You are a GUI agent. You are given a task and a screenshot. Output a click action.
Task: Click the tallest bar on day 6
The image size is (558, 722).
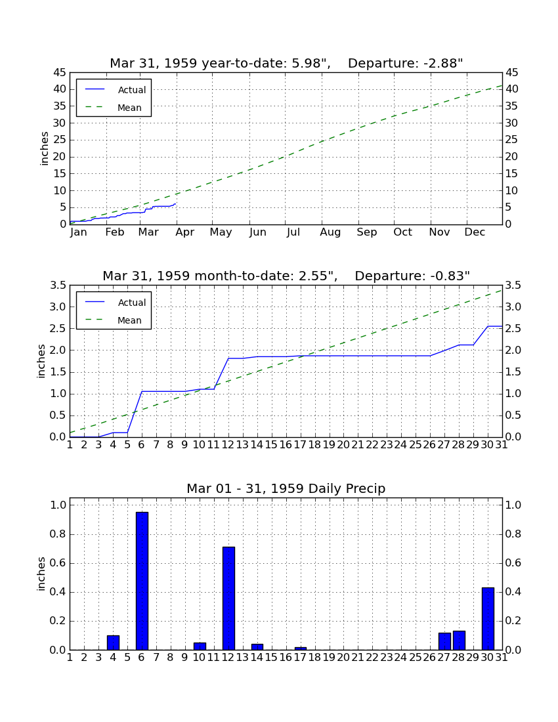pyautogui.click(x=142, y=581)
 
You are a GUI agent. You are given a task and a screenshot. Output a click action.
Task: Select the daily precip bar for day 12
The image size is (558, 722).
pyautogui.click(x=228, y=598)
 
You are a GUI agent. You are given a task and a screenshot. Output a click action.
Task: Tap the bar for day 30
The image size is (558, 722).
pyautogui.click(x=488, y=618)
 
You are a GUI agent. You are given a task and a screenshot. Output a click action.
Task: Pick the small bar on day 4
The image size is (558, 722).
pyautogui.click(x=113, y=643)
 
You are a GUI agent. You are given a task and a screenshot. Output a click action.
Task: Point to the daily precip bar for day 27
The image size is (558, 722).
pyautogui.click(x=444, y=641)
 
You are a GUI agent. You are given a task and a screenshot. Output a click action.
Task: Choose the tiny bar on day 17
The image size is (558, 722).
pyautogui.click(x=300, y=648)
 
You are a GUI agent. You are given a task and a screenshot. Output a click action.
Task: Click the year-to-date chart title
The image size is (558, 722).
pyautogui.click(x=286, y=63)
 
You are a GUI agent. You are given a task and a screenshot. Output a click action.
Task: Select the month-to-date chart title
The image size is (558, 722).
pyautogui.click(x=286, y=276)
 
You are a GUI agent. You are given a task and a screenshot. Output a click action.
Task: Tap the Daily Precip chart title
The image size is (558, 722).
pyautogui.click(x=286, y=488)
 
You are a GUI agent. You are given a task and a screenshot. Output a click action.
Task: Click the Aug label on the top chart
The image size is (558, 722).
pyautogui.click(x=330, y=232)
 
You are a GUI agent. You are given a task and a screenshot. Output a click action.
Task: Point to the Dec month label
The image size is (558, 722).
pyautogui.click(x=475, y=232)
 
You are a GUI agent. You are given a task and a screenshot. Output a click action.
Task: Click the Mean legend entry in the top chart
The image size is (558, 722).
pyautogui.click(x=114, y=108)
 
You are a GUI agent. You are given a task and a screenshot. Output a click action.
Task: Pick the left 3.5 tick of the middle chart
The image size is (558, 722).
pyautogui.click(x=58, y=286)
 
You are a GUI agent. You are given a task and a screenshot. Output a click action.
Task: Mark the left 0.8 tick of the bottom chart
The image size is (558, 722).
pyautogui.click(x=58, y=534)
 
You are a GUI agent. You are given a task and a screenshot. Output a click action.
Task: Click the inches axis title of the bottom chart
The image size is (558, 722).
pyautogui.click(x=41, y=574)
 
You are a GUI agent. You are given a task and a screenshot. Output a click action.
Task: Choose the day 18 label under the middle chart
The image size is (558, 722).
pyautogui.click(x=314, y=445)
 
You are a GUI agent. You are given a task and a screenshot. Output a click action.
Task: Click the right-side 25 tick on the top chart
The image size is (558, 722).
pyautogui.click(x=512, y=140)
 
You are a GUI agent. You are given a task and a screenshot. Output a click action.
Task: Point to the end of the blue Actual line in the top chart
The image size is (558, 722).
pyautogui.click(x=175, y=203)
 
